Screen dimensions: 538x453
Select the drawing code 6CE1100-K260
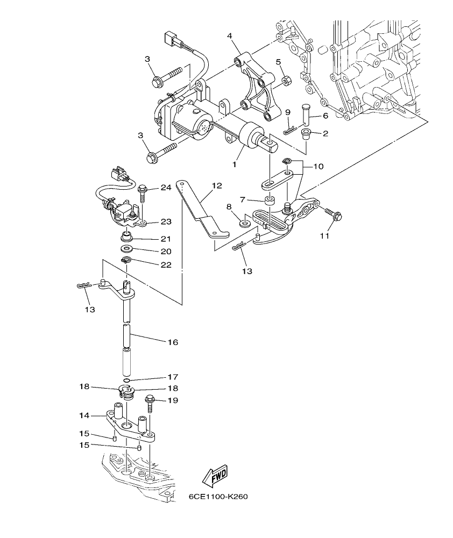pyautogui.click(x=218, y=497)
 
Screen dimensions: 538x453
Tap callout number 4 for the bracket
pyautogui.click(x=230, y=37)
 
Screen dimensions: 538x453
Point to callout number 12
pyautogui.click(x=216, y=186)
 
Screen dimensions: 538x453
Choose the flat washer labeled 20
pyautogui.click(x=127, y=250)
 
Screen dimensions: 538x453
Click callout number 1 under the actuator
pyautogui.click(x=235, y=164)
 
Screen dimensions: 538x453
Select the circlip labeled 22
pyautogui.click(x=126, y=261)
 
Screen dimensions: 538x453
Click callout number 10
pyautogui.click(x=318, y=167)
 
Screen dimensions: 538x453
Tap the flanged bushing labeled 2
pyautogui.click(x=307, y=133)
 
